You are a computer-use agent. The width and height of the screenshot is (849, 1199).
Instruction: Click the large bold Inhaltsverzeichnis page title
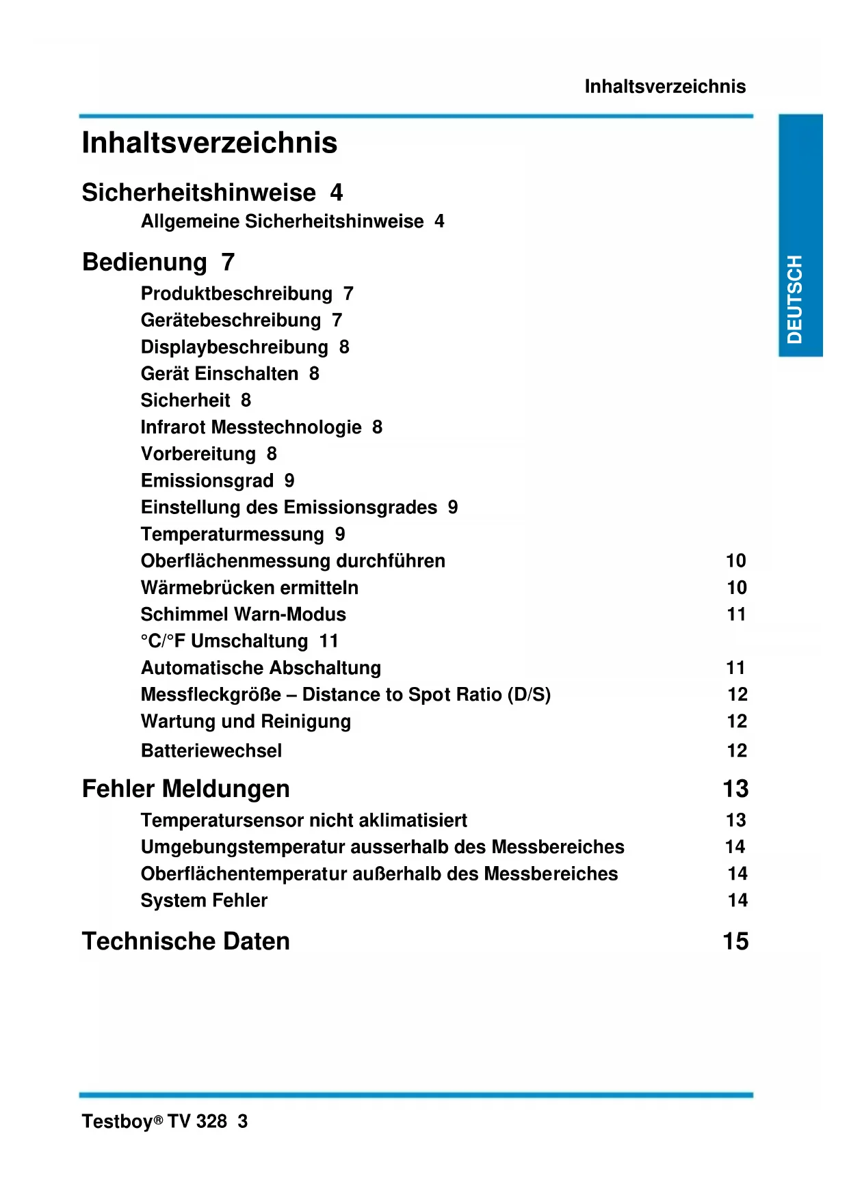[209, 143]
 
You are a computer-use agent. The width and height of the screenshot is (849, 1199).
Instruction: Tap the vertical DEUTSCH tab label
[794, 299]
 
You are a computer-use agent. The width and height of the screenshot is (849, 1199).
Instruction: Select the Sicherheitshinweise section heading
[198, 193]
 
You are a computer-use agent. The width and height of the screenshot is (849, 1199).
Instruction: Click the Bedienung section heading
[144, 262]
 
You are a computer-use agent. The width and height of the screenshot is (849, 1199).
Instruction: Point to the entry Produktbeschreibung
[236, 294]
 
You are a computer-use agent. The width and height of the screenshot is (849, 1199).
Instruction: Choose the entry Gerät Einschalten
[219, 374]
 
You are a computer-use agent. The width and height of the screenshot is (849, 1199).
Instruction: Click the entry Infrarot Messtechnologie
[251, 427]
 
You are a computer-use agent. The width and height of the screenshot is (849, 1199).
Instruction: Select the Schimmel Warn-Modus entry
[243, 615]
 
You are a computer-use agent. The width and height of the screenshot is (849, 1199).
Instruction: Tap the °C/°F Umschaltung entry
[224, 641]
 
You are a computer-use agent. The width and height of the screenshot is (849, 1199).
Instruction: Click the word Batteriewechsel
[211, 751]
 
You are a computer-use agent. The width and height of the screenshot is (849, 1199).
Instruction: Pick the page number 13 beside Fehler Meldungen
[735, 789]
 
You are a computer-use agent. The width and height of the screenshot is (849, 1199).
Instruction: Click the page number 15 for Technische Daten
[735, 941]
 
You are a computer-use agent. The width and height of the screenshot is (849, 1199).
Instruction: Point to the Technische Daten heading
[185, 941]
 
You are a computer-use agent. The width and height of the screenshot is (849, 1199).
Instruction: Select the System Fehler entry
[204, 901]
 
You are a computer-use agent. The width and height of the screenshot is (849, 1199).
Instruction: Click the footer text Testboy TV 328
[155, 1122]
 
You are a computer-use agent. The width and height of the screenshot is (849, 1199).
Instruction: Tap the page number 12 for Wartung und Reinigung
[737, 721]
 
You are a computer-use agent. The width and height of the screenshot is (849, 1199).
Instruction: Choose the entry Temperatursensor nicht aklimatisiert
[304, 820]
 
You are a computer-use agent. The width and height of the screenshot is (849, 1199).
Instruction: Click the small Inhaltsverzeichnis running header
[665, 87]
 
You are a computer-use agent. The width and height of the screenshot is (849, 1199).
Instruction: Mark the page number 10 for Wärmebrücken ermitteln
[737, 588]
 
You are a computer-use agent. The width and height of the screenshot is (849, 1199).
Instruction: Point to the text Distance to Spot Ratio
[402, 695]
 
